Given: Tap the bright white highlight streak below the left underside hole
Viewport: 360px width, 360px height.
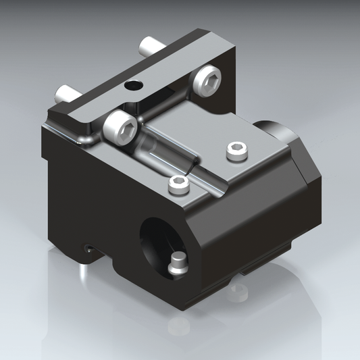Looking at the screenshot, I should point(82,271).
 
